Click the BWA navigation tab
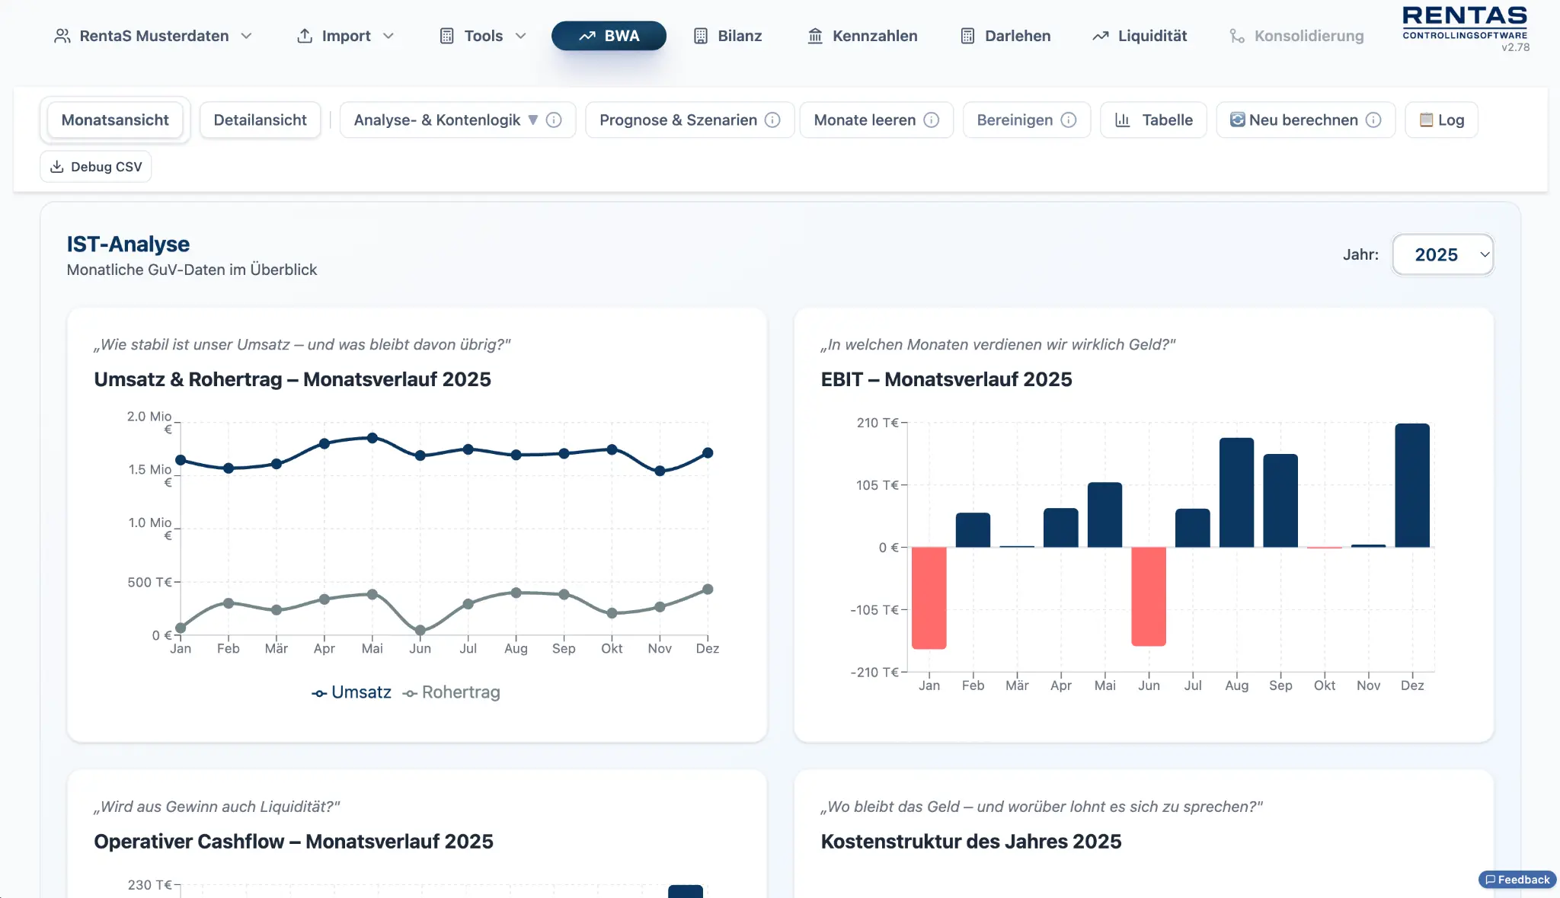(x=609, y=36)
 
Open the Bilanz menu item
(x=727, y=36)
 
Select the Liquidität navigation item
(x=1140, y=36)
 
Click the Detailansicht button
(x=260, y=120)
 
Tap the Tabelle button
(x=1153, y=120)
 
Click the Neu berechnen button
(x=1303, y=120)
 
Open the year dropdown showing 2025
(x=1442, y=254)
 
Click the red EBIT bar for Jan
(x=929, y=597)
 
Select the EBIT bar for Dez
(x=1411, y=485)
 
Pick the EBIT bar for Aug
(x=1236, y=492)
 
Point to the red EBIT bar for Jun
(x=1148, y=596)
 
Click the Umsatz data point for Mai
(x=372, y=438)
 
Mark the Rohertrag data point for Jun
(x=420, y=631)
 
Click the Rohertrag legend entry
(x=452, y=692)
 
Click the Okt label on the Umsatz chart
(x=612, y=648)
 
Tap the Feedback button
(x=1517, y=880)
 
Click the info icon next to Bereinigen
(x=1069, y=120)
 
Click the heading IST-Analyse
(x=128, y=244)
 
